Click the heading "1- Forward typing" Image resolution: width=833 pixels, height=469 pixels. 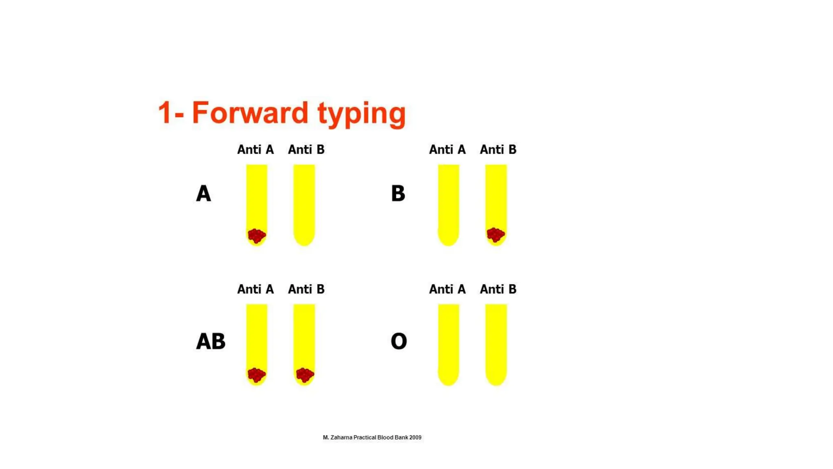[281, 113]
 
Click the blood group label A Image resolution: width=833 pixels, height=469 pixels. [203, 193]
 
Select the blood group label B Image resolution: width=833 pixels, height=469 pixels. [398, 193]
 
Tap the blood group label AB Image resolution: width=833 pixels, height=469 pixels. [210, 341]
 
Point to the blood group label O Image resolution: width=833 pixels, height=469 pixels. [399, 341]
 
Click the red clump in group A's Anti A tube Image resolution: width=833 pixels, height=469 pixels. [257, 235]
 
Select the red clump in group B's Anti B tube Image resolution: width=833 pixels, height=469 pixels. [495, 234]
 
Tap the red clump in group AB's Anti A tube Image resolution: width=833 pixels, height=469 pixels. [257, 375]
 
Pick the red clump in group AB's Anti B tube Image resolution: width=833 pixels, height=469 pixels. [305, 375]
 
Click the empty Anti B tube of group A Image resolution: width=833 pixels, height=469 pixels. [304, 204]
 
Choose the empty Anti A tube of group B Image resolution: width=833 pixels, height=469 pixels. [448, 204]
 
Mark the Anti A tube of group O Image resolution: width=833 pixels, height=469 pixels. [448, 344]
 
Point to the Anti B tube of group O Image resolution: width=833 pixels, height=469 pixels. [496, 344]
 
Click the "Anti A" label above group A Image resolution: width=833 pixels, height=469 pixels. [255, 149]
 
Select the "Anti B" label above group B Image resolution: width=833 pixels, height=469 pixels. [498, 149]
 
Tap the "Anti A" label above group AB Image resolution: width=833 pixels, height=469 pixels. [255, 289]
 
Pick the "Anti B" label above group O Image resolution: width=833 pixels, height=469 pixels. [498, 289]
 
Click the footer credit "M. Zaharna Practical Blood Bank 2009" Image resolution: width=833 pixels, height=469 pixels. [372, 437]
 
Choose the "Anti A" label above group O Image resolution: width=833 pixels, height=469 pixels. [447, 289]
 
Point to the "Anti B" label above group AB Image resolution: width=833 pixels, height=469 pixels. [306, 289]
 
